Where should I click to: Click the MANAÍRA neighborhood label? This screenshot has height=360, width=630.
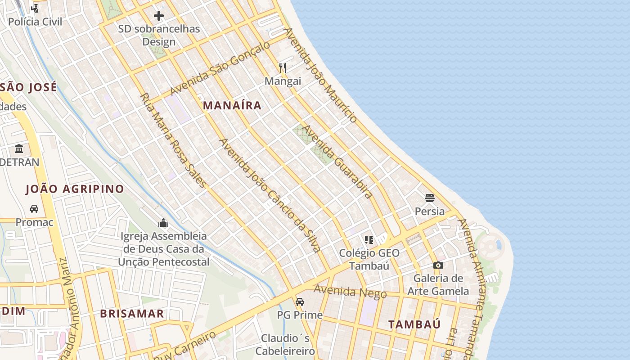pos(232,105)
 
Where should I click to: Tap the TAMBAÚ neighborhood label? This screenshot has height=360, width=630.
pos(414,324)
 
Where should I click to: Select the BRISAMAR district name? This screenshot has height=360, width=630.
pos(132,314)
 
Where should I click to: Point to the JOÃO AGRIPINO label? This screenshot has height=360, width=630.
pos(75,189)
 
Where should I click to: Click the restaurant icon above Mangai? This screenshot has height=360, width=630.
pos(283,68)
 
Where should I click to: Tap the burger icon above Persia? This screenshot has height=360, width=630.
pos(429,198)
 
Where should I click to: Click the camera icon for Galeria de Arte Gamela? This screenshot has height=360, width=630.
pos(438,265)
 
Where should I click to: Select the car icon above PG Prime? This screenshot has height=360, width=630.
pos(300,301)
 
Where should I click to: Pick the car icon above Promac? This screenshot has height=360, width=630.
pos(34,209)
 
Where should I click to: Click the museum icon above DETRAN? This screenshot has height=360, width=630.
pos(19,148)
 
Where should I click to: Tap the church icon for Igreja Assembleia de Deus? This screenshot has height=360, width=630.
pos(163,223)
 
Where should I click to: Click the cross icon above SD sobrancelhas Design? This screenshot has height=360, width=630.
pos(159,16)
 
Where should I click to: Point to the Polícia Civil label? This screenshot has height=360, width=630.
pos(35,22)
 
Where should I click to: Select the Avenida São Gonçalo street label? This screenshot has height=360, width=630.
pos(220,68)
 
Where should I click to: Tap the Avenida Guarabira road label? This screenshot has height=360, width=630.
pos(337,162)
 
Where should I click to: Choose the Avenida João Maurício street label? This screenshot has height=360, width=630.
pos(320,75)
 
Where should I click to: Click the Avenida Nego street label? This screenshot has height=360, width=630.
pos(350,292)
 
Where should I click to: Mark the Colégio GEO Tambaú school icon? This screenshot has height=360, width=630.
pos(369,239)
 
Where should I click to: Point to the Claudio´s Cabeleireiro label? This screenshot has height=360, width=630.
pos(285,344)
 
